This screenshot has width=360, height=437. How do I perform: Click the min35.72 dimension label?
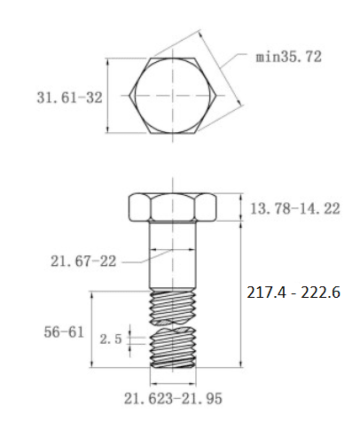(288, 57)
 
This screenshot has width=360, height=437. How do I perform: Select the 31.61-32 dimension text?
(70, 98)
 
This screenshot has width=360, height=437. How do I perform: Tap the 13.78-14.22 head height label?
(295, 208)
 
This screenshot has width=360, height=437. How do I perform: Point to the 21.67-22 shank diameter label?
(83, 261)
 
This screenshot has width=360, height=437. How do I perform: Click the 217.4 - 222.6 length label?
(293, 293)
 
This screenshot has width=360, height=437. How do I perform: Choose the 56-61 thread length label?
(64, 332)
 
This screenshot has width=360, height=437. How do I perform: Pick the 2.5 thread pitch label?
(111, 339)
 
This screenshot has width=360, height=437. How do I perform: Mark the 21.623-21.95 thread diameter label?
(173, 399)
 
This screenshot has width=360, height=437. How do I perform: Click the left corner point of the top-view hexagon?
(129, 96)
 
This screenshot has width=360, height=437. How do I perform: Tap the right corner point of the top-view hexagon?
(216, 96)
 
